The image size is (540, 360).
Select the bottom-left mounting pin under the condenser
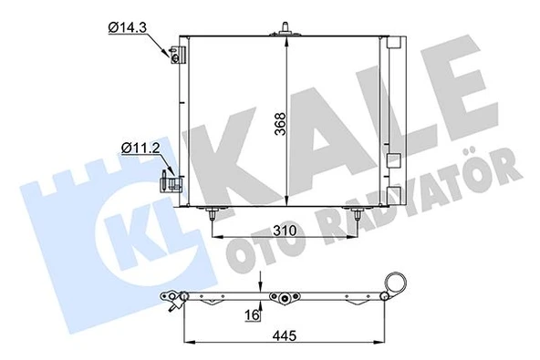click(213, 217)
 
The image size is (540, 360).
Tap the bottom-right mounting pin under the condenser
click(356, 216)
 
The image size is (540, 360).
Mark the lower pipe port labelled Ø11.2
click(170, 180)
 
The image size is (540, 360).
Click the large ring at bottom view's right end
click(394, 283)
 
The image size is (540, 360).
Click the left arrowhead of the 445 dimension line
click(188, 342)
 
